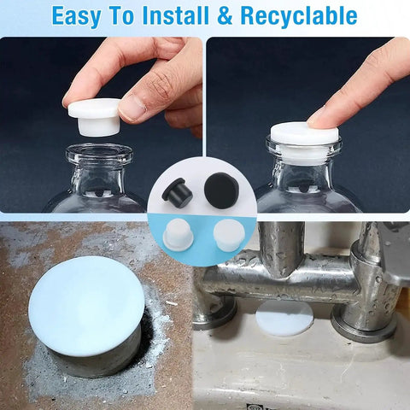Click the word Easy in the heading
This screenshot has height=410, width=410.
click(x=79, y=15)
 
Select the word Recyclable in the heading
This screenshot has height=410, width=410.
click(x=299, y=15)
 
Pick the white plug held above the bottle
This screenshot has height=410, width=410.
click(x=93, y=118)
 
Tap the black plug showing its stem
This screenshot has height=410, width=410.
click(x=177, y=194)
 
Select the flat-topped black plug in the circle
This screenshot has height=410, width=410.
click(x=221, y=190)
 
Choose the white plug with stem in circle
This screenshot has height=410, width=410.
click(x=179, y=235)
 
